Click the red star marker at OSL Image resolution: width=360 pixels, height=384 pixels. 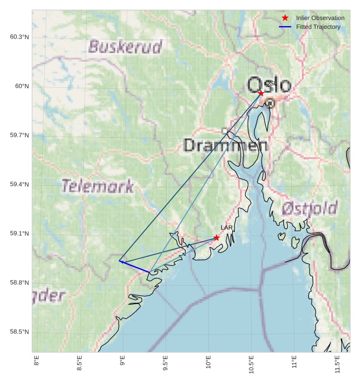tap(261, 93)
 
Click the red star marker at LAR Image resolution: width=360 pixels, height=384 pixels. tap(216, 238)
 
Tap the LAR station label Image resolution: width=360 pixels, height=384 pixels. tap(227, 228)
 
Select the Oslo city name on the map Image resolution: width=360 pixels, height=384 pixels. tap(269, 86)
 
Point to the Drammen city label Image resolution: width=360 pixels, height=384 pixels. tap(226, 146)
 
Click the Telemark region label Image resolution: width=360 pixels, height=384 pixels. tap(97, 186)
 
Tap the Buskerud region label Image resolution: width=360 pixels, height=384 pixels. tap(125, 46)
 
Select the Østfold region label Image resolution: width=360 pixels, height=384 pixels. tap(309, 208)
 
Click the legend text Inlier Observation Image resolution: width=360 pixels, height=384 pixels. tap(320, 18)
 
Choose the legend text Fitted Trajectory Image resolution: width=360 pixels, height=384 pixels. tap(318, 27)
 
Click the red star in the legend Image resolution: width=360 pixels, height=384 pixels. tap(285, 18)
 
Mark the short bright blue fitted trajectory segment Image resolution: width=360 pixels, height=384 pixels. tap(134, 266)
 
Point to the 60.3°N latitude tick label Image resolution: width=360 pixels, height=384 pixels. tap(19, 37)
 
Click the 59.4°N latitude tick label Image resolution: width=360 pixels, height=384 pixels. tap(19, 184)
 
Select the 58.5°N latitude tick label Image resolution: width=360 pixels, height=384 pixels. tap(19, 332)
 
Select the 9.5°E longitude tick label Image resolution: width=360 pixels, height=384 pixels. tap(166, 365)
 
